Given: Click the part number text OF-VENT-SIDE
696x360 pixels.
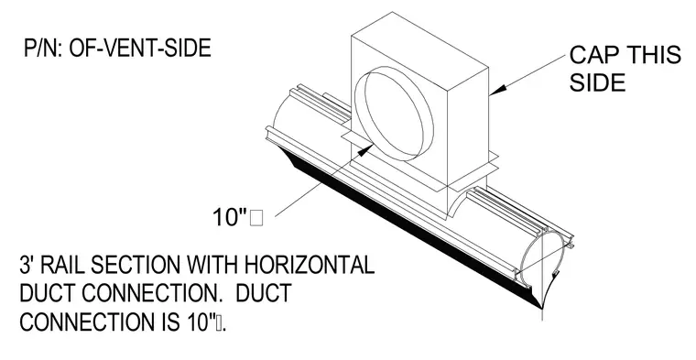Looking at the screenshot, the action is pos(140,48).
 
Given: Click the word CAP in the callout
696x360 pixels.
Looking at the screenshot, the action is pos(594,55).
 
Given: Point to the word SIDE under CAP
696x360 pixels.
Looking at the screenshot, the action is pos(597,82).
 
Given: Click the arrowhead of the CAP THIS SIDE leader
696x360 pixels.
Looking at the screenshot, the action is pos(497,90).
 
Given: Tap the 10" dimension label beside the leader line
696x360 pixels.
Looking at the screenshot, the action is pos(230,217).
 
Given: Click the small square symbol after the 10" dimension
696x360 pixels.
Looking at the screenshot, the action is pos(256,218).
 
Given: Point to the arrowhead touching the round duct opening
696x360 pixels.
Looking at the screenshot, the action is pos(364,149).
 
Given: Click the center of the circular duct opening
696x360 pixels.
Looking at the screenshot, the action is pos(394,115).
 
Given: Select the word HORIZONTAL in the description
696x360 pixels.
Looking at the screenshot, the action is pos(309,265).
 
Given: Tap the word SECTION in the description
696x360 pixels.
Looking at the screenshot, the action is pos(136,265).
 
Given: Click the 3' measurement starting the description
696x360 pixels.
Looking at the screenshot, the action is pos(27,265).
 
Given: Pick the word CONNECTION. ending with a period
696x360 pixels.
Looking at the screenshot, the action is pos(152,293).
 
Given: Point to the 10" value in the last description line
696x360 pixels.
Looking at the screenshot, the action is pos(199,322).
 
